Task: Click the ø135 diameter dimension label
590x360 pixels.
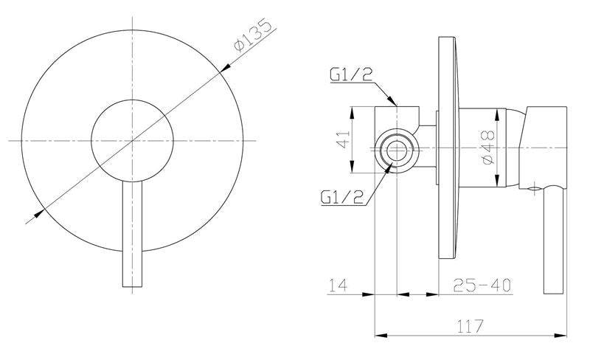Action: pyautogui.click(x=253, y=35)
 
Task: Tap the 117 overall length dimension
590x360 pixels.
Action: pyautogui.click(x=470, y=326)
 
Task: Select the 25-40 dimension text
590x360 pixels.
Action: pyautogui.click(x=482, y=285)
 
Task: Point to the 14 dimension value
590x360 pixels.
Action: pyautogui.click(x=339, y=285)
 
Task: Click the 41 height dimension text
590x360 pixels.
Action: pyautogui.click(x=343, y=139)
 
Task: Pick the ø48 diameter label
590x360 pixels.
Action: pyautogui.click(x=487, y=148)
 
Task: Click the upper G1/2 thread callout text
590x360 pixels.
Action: pyautogui.click(x=351, y=75)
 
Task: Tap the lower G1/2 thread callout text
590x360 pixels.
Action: pyautogui.click(x=342, y=196)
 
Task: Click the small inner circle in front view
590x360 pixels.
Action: pyautogui.click(x=133, y=100)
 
